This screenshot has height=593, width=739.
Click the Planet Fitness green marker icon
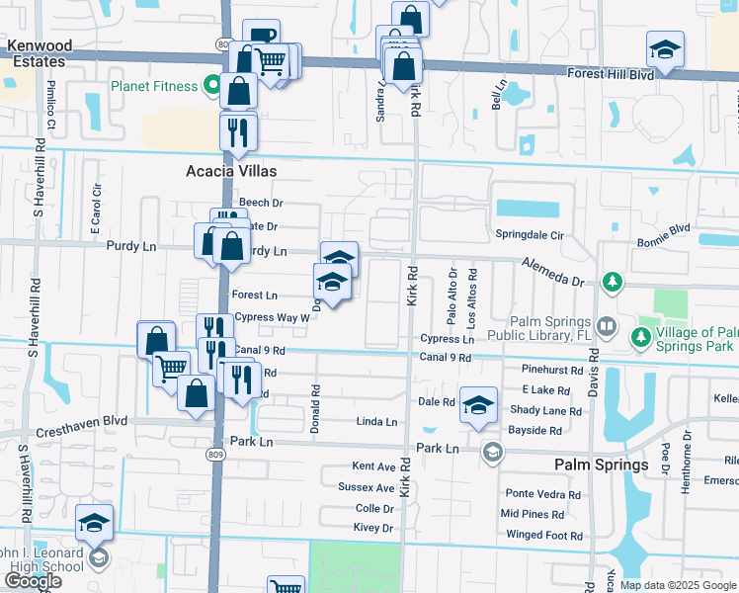[211, 86]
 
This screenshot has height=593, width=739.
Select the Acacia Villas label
[231, 171]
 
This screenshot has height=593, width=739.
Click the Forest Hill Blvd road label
[612, 74]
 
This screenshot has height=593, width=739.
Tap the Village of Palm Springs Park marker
[640, 339]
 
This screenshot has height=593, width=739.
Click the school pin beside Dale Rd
[478, 405]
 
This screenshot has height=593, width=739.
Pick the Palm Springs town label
[601, 465]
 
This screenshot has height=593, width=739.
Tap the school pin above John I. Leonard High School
[95, 523]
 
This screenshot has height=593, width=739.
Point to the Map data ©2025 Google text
[678, 586]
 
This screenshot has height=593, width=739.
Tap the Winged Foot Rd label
[543, 536]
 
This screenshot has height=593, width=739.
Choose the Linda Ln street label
[376, 422]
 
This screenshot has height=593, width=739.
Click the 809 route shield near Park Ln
[215, 454]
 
